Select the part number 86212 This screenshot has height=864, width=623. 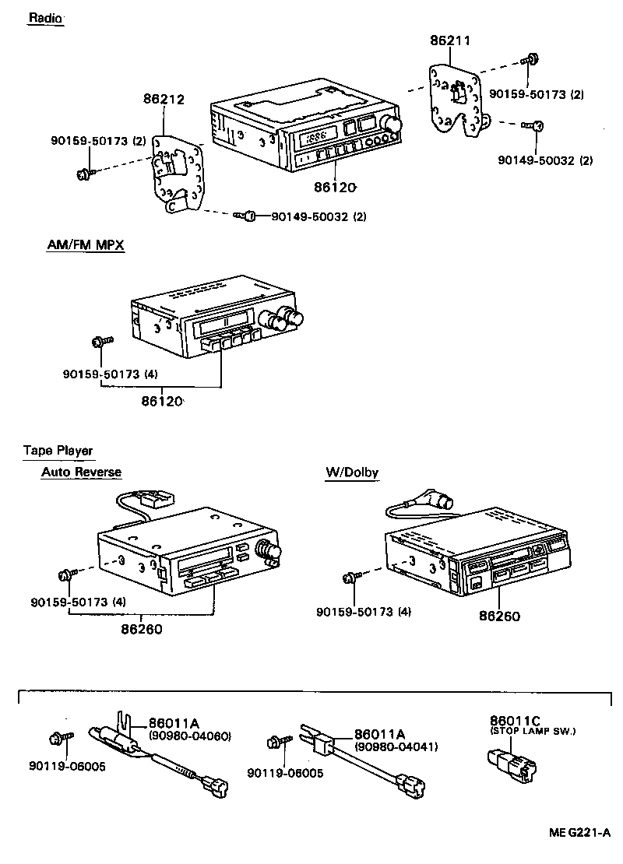[164, 99]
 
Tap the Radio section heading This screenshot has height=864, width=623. [46, 18]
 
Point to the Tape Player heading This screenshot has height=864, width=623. [58, 451]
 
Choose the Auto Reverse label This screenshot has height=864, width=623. [81, 472]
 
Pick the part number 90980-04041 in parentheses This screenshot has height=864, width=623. [396, 746]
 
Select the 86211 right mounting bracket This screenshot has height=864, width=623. [456, 101]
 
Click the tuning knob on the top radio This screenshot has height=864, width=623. [393, 125]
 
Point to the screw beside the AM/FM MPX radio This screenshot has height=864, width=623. [101, 341]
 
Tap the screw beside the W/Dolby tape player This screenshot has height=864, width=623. [351, 578]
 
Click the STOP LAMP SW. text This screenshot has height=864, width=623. [533, 731]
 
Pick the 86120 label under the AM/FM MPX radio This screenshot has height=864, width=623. [162, 402]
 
